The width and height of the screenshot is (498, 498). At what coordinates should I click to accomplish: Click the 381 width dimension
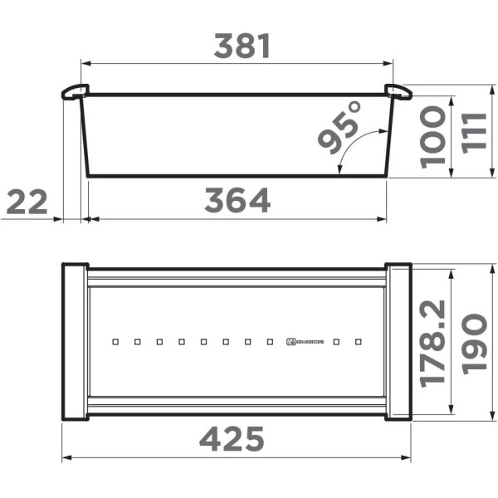click(x=242, y=46)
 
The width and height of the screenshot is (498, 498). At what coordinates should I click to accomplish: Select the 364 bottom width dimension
click(x=238, y=201)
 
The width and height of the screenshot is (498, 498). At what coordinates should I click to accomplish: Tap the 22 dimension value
click(x=27, y=201)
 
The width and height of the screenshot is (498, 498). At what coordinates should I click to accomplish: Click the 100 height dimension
click(x=432, y=136)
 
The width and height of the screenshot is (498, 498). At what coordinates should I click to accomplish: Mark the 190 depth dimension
click(x=474, y=344)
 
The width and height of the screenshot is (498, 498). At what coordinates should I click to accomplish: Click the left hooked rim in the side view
click(x=74, y=91)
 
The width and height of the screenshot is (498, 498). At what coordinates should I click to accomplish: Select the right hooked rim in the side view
click(x=398, y=91)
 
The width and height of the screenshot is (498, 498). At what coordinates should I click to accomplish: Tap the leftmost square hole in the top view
click(x=115, y=341)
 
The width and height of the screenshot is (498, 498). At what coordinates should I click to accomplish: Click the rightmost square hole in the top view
click(x=359, y=341)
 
